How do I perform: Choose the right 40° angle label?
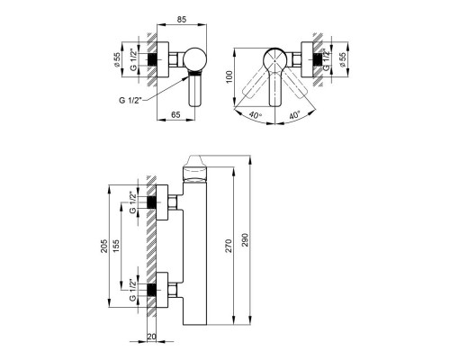297,115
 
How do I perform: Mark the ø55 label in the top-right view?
346,58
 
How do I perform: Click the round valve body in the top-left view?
197,60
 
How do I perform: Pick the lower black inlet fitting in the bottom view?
157,290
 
